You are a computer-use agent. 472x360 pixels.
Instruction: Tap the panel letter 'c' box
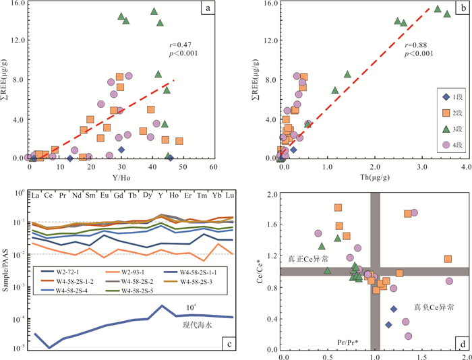(229, 345)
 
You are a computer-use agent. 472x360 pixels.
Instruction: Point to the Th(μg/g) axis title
(374, 177)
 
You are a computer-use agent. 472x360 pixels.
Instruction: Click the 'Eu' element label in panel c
(104, 196)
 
